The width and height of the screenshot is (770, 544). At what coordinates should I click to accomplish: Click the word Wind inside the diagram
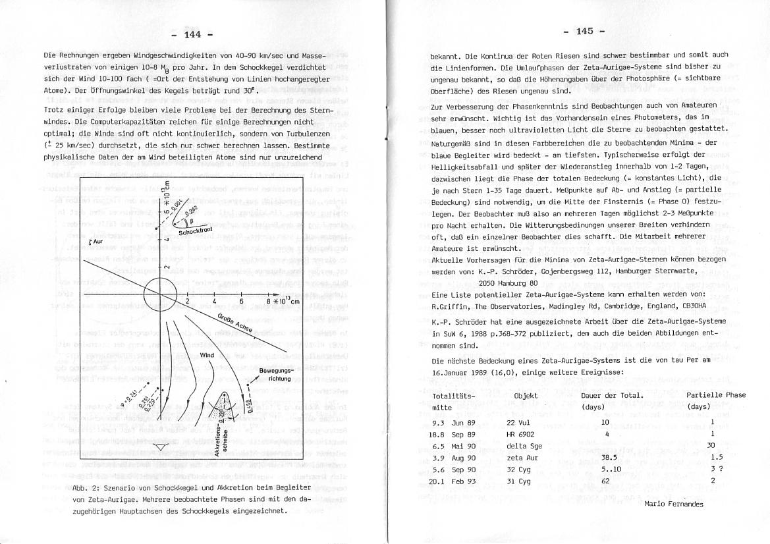click(207, 355)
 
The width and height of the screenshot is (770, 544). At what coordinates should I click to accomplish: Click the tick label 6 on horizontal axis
click(242, 302)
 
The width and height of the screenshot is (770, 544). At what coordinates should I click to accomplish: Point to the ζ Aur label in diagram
click(96, 242)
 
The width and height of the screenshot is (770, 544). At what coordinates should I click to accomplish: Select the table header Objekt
click(526, 396)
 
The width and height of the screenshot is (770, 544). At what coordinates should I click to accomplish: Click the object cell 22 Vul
click(518, 422)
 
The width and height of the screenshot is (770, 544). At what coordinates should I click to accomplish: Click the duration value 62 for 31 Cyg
click(606, 481)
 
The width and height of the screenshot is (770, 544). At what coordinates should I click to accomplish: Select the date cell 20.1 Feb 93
click(453, 481)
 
